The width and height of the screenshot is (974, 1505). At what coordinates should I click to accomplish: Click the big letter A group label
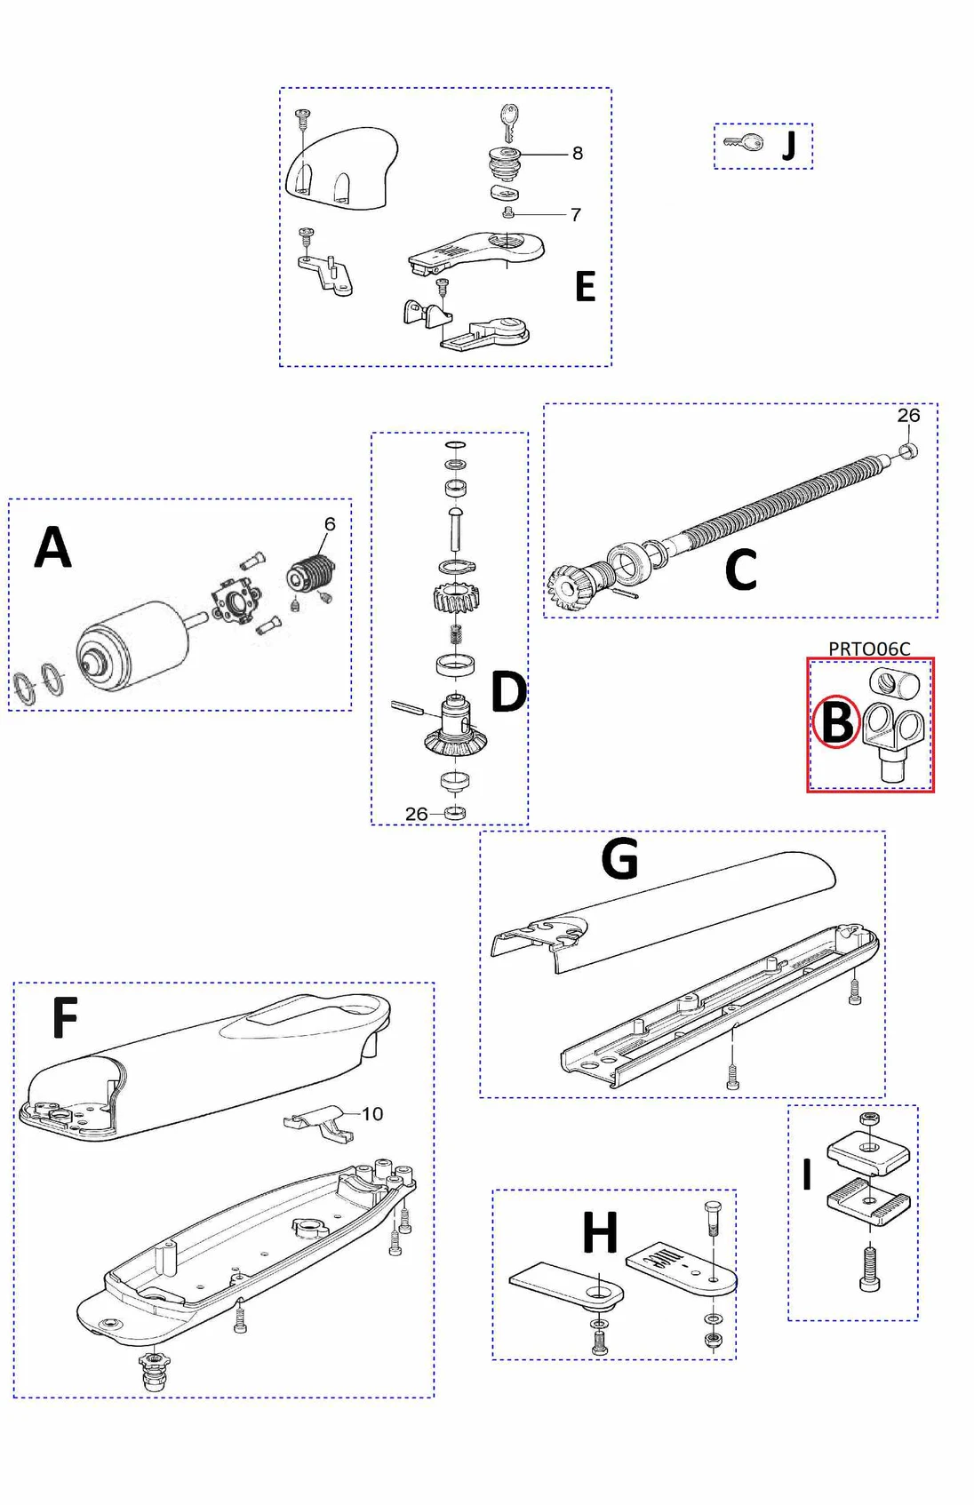pyautogui.click(x=52, y=547)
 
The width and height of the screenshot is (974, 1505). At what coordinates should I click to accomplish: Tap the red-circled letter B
pyautogui.click(x=836, y=721)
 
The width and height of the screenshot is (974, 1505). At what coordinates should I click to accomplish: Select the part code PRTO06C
pyautogui.click(x=868, y=649)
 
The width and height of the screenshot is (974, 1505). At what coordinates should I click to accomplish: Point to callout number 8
pyautogui.click(x=578, y=153)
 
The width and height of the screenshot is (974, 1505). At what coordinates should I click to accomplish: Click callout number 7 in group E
pyautogui.click(x=576, y=214)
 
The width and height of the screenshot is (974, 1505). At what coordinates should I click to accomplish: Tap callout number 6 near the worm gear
pyautogui.click(x=330, y=524)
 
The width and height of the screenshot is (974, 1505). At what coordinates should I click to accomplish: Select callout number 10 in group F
pyautogui.click(x=372, y=1113)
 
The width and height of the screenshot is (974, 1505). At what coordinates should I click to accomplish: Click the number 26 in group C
pyautogui.click(x=907, y=415)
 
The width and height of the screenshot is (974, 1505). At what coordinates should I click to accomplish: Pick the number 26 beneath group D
pyautogui.click(x=416, y=814)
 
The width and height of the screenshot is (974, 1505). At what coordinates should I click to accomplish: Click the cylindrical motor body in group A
pyautogui.click(x=133, y=642)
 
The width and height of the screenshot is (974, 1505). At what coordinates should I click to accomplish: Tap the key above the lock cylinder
pyautogui.click(x=508, y=121)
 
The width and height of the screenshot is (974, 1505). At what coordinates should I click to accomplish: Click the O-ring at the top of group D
pyautogui.click(x=455, y=444)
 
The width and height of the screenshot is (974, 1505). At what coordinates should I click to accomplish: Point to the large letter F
pyautogui.click(x=65, y=1017)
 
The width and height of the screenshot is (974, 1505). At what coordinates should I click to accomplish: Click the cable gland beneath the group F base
pyautogui.click(x=155, y=1371)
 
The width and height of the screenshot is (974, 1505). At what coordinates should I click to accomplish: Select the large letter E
pyautogui.click(x=585, y=286)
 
